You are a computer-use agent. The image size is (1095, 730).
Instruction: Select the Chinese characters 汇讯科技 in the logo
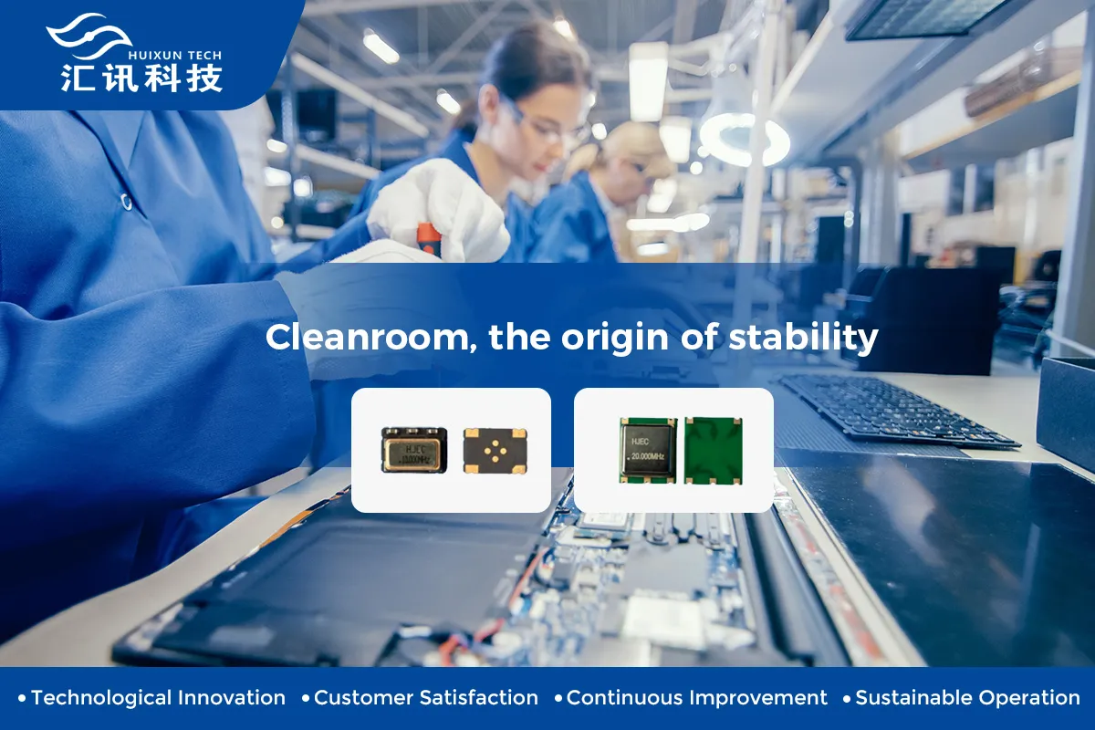point(141,78)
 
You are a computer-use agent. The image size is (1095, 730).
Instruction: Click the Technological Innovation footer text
point(158,698)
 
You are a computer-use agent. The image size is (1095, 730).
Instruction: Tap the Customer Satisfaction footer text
point(425,698)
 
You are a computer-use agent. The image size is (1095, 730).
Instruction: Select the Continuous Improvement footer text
point(696,698)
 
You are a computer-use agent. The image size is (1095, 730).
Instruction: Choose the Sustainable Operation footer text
point(967,698)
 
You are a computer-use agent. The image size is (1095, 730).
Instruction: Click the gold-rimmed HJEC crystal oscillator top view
point(414,450)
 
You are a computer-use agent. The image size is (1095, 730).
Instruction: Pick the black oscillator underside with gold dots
point(495,450)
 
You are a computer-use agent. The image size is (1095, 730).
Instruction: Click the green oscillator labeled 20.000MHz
point(648,450)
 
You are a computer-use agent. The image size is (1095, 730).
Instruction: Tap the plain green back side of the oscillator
point(713,450)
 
